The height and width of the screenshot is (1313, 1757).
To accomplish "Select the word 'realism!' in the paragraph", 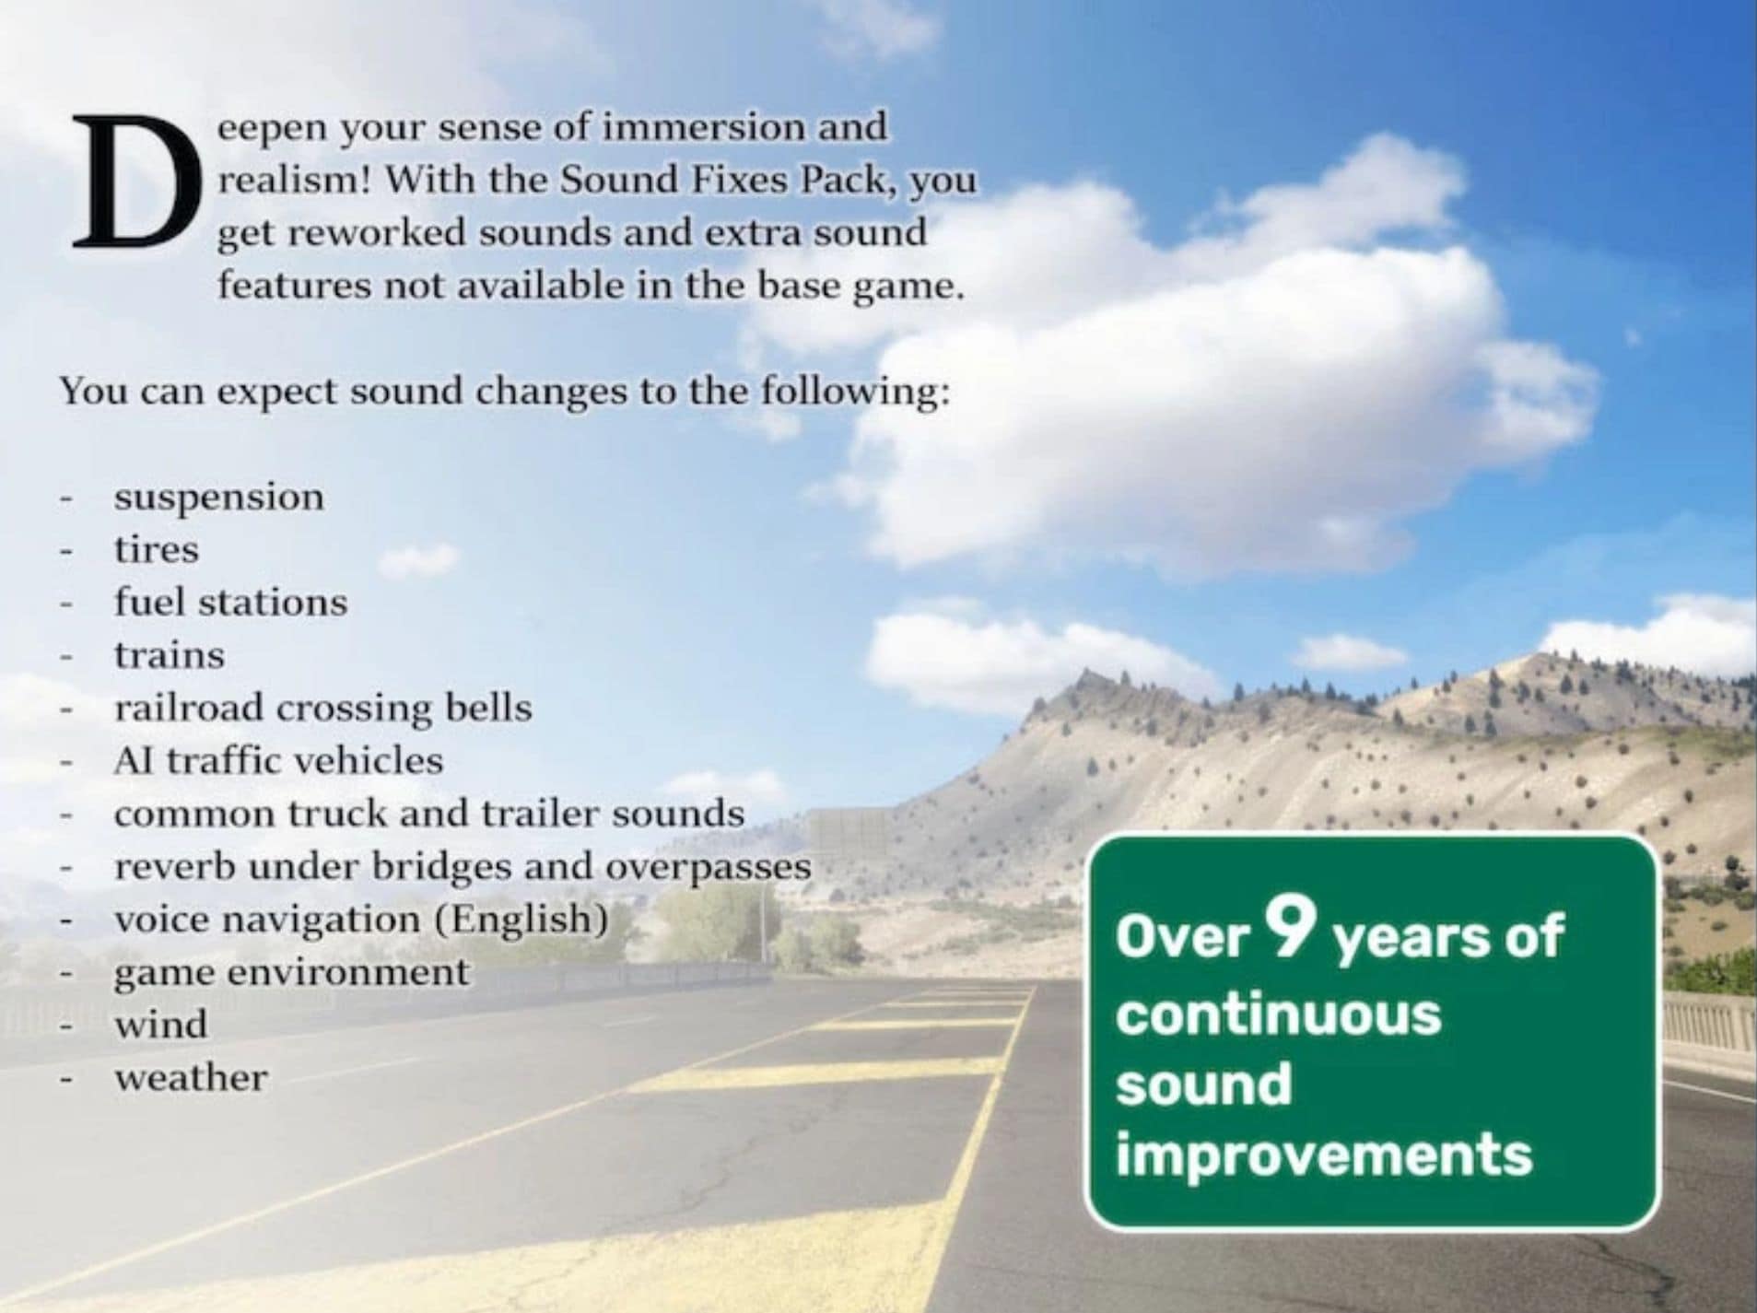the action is [293, 179].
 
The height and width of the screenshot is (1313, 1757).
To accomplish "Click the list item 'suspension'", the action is [219, 498].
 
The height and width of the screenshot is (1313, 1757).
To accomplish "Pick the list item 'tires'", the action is [157, 549].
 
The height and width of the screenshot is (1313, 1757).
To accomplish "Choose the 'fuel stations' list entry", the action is [231, 602].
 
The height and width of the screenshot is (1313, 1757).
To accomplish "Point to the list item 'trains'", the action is [170, 655].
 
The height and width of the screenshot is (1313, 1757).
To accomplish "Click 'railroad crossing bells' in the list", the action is [323, 709].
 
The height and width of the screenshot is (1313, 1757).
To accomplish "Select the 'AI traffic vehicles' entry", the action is [278, 761].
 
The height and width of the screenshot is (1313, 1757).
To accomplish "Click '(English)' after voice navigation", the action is [521, 920].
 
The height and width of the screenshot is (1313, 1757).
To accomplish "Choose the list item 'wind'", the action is [161, 1025].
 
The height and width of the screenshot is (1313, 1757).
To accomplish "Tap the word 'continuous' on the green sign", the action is [1279, 1014].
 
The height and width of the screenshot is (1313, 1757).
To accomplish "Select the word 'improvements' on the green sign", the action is [1324, 1155].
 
